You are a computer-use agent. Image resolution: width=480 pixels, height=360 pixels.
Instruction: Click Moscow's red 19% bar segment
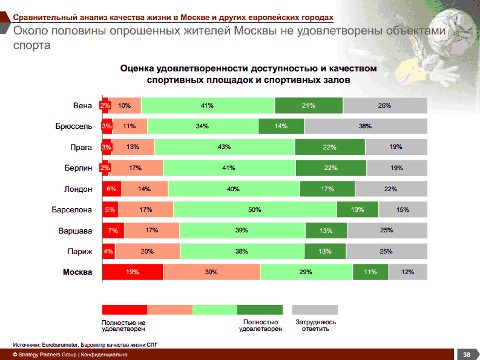coord(133,272)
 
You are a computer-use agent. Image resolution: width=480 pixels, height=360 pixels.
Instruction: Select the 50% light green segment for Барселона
coord(255,209)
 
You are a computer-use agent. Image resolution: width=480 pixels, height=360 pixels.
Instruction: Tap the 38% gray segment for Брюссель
coord(366,126)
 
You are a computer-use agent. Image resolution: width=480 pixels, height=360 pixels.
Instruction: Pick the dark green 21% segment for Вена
coord(309,105)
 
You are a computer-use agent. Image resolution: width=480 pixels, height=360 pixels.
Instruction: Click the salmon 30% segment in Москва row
coord(211,272)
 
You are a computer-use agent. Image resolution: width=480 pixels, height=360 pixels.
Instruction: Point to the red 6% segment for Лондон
coord(112,189)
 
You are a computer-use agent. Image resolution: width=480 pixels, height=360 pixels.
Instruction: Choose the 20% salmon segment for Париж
coord(148,251)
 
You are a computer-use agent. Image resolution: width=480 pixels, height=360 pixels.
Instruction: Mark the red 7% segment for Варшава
coord(114,231)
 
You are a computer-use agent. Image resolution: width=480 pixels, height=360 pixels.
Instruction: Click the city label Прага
coord(81,147)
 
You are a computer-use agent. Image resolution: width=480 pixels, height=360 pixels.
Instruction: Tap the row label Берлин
coord(78,168)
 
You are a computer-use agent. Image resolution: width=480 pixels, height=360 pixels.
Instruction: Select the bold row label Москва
coord(77,272)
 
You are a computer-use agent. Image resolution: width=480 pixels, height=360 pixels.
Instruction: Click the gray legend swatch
coord(315,310)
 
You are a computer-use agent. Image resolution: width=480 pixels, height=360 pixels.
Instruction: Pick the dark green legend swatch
coord(260,310)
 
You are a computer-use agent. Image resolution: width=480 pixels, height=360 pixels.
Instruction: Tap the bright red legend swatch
coord(125,310)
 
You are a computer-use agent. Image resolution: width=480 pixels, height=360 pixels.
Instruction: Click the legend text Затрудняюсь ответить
coord(315,326)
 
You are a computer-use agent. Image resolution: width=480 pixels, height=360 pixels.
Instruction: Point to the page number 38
coord(466,355)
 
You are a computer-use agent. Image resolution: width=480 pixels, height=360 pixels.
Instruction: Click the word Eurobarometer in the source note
coord(60,345)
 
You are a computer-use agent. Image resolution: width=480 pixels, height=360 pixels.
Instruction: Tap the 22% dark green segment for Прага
coord(330,147)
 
